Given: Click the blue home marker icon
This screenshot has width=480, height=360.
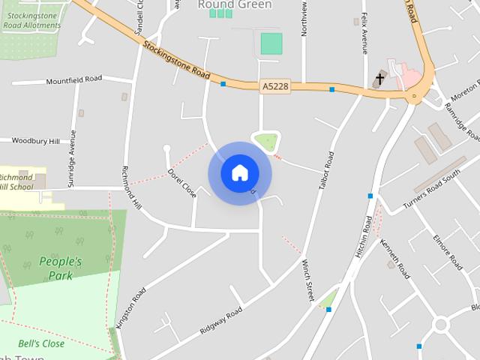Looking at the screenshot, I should click(239, 172).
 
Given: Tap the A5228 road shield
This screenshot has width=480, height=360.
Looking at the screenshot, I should click(275, 87).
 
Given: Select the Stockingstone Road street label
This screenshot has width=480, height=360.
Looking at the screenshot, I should click(175, 60).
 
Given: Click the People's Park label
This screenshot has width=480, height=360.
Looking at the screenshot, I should click(60, 268).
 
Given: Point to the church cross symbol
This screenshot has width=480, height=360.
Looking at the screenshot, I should click(380, 79).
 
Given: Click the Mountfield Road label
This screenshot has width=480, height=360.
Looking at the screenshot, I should click(73, 80).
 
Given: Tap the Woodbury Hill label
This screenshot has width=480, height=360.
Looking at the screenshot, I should click(33, 140).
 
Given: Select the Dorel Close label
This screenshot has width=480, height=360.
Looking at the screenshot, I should click(182, 182).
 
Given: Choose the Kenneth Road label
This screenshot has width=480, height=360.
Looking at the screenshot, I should click(394, 259).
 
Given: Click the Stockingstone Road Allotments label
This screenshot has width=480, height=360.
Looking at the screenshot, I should click(31, 20).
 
